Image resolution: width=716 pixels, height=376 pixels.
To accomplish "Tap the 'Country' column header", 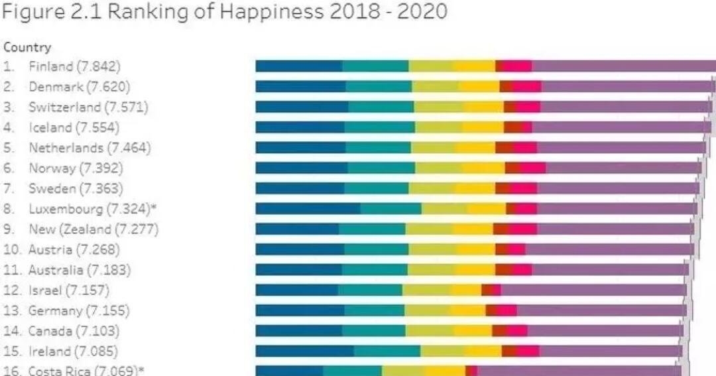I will (27, 48).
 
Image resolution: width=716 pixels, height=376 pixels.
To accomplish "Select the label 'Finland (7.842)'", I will (74, 66).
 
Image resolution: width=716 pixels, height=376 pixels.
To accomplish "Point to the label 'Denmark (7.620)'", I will (79, 86).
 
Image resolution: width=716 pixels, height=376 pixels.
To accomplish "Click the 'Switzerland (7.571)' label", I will (88, 107).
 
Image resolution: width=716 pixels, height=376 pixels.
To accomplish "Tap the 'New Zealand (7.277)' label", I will (93, 229).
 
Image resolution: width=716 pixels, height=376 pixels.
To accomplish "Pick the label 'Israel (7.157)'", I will (69, 290).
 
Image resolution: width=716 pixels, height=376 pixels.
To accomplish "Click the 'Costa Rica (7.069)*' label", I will (86, 371).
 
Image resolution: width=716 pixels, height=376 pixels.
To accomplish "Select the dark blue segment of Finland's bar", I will (299, 66).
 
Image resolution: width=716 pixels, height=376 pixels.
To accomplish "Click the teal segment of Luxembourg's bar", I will (390, 209).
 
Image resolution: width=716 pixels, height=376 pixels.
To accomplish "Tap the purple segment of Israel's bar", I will (593, 290).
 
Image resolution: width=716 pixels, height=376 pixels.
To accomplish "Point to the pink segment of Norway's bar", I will (533, 168).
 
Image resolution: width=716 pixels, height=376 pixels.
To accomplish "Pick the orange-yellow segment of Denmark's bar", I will (479, 86).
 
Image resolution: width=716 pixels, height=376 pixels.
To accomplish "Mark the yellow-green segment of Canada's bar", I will (429, 330).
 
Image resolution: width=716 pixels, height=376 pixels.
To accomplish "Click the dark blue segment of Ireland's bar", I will (305, 351).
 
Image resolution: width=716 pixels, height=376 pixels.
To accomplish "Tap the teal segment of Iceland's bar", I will (380, 127).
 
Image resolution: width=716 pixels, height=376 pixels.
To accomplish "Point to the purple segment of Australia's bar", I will (610, 270).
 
